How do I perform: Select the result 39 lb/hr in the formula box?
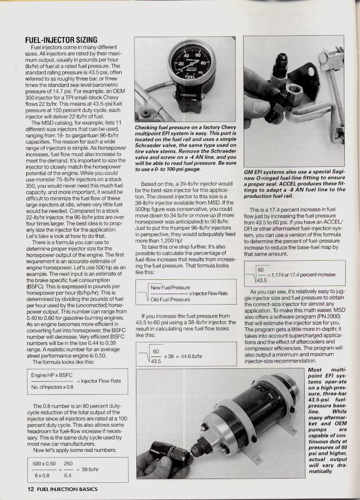pyautogui.click(x=90, y=469)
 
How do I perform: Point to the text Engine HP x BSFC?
pyautogui.click(x=51, y=374)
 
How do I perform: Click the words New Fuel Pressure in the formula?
pyautogui.click(x=170, y=287)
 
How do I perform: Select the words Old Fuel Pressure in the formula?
pyautogui.click(x=170, y=299)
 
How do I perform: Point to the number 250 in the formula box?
pyautogui.click(x=68, y=463)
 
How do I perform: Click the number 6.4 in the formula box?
pyautogui.click(x=68, y=475)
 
